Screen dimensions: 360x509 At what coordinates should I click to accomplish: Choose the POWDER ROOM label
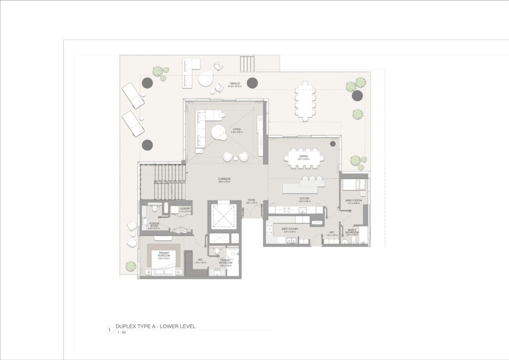click(x=153, y=225)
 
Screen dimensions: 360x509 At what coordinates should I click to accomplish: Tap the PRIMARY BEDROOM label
click(x=164, y=255)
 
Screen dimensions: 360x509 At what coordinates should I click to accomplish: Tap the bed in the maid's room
click(x=353, y=186)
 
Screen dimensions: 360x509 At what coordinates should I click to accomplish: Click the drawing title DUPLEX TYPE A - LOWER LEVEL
click(x=155, y=327)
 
